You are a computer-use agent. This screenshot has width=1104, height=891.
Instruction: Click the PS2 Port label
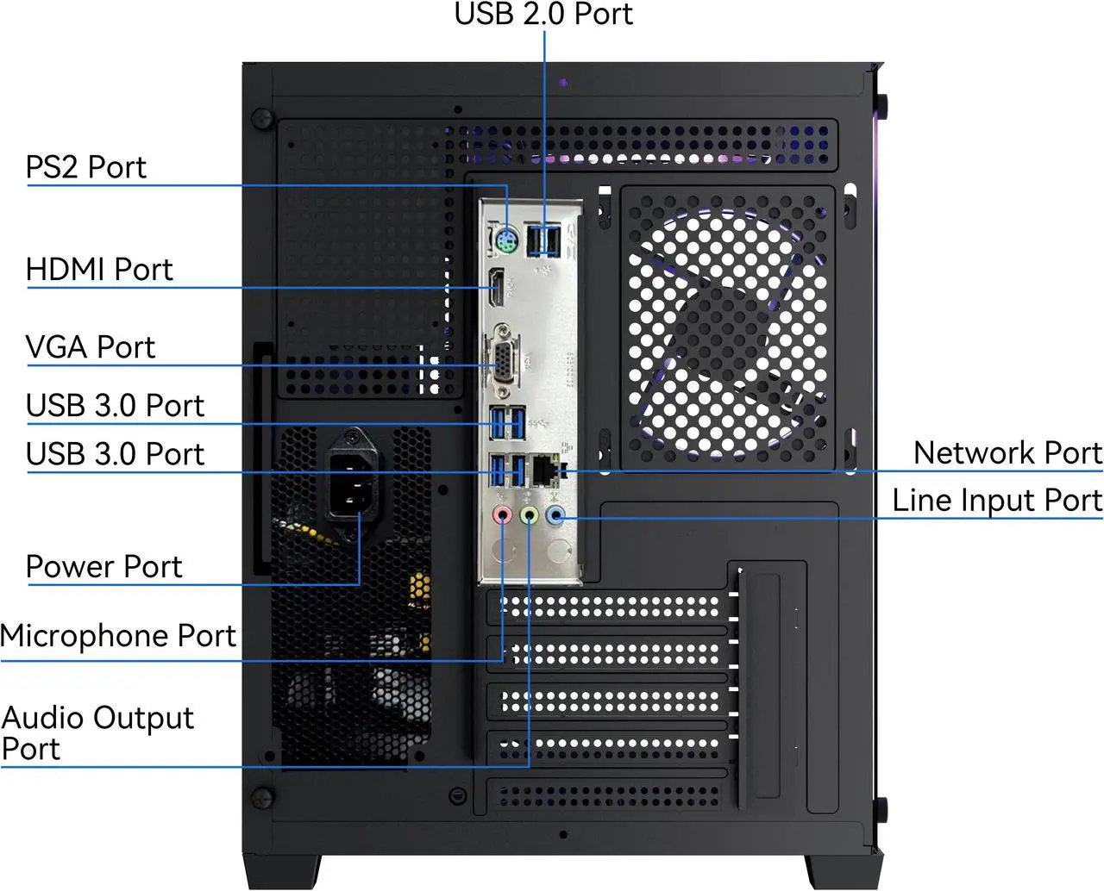pos(86,166)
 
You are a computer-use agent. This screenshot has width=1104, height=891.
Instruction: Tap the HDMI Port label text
pos(99,270)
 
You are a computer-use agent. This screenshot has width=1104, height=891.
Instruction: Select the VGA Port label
pos(91,347)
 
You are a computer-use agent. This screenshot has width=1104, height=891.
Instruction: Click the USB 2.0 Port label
pos(543,15)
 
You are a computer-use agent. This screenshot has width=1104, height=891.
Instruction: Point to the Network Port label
pos(1007,452)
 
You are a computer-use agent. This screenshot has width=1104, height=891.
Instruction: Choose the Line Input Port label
pos(996,500)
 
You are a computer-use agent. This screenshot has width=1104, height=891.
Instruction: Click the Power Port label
pos(103,567)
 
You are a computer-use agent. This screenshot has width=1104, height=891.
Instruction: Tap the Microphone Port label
pos(118,636)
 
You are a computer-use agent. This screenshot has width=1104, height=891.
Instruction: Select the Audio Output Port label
pos(97,732)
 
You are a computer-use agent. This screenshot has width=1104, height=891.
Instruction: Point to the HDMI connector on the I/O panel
pos(498,289)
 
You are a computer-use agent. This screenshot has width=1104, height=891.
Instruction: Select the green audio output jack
pos(530,516)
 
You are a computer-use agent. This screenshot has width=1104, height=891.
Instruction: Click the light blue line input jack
pos(555,516)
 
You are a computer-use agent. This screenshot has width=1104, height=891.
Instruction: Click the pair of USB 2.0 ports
pos(543,240)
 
